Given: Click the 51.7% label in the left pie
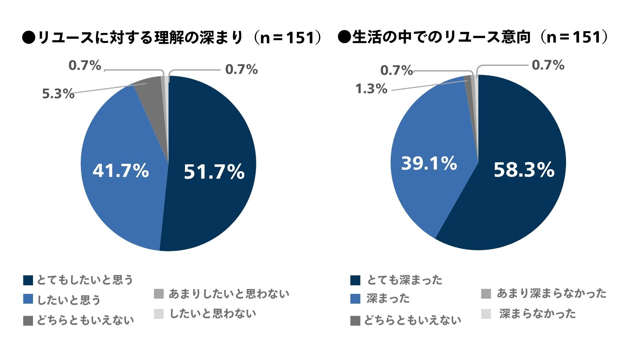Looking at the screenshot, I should [214, 172].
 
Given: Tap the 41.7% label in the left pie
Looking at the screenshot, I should [121, 171].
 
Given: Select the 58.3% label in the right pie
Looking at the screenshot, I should [524, 170].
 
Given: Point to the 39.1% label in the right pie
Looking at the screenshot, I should [429, 163].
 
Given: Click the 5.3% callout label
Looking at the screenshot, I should [58, 94].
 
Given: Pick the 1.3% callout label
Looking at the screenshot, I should [371, 89].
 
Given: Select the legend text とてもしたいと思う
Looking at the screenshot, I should [85, 280].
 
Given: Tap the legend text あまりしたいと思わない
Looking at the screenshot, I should [229, 294].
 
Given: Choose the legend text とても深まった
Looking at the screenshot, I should [404, 280].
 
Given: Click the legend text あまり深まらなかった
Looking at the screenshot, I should [551, 293].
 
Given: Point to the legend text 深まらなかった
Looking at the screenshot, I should [537, 314].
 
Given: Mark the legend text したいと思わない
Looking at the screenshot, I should [213, 314].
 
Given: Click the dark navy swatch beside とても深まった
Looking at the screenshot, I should [355, 280].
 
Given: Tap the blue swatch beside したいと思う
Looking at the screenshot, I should [28, 299].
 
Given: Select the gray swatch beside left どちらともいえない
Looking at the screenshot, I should [28, 321].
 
